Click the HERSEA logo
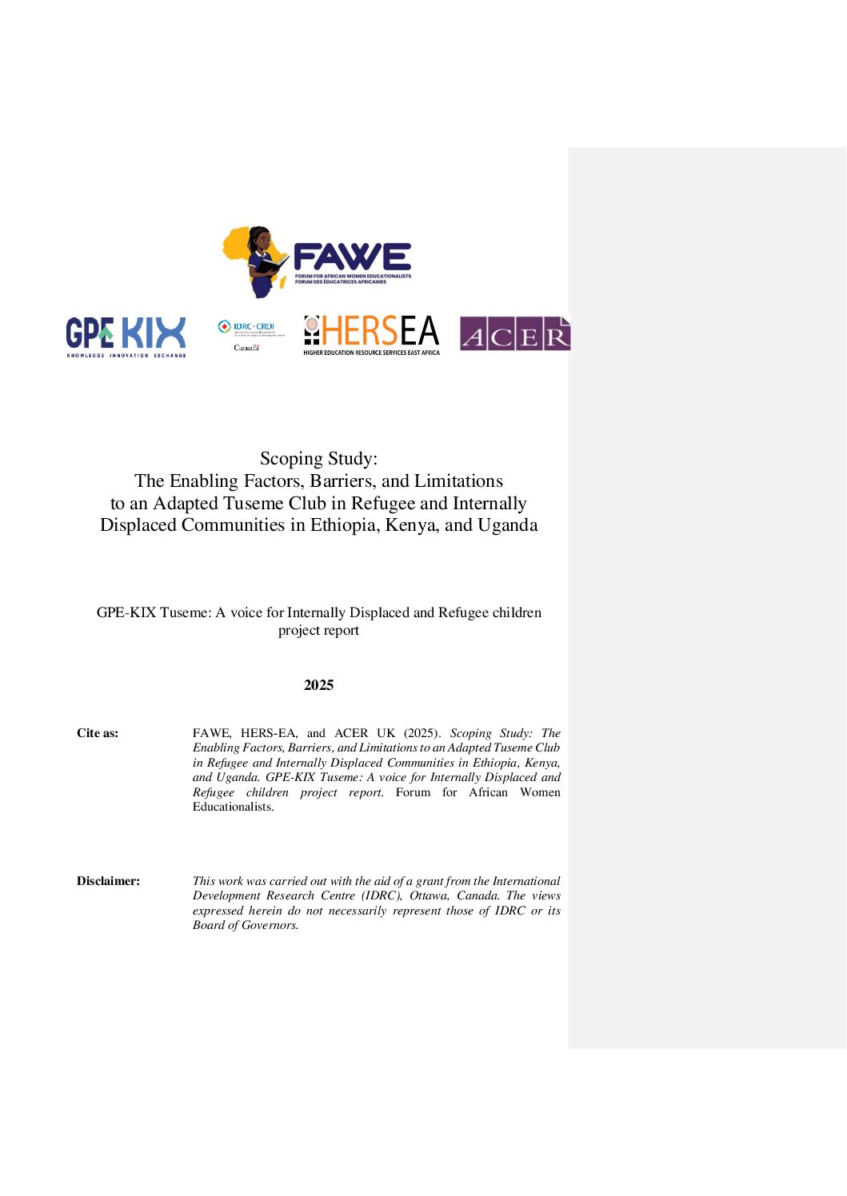coord(372,335)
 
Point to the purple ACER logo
coord(514,334)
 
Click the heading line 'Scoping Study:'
coord(318,459)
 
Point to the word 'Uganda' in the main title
coord(507,525)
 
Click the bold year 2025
coord(318,685)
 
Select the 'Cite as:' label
coord(98,733)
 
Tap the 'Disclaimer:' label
coord(108,881)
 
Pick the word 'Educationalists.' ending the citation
coord(233,807)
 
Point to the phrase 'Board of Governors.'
coord(246,925)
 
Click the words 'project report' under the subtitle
coord(318,631)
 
